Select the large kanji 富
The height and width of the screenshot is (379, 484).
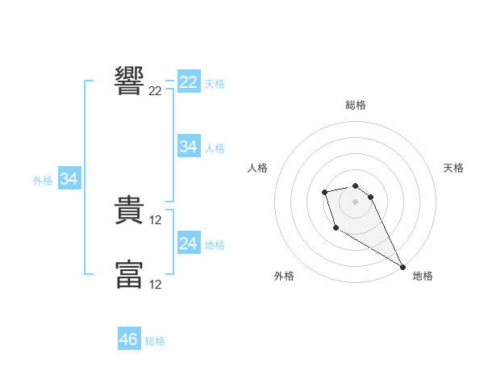129,274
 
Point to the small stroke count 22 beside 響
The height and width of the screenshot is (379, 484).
156,91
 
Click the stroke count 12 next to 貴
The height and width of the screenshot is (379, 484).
156,220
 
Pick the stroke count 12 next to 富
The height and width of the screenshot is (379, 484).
156,285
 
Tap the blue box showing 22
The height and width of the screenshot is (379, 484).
188,82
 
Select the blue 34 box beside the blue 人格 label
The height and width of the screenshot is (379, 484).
188,147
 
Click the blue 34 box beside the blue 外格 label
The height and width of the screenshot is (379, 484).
69,179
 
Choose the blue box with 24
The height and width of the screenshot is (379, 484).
188,244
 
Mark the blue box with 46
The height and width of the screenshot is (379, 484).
129,339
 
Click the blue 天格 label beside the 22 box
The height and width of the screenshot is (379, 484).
215,84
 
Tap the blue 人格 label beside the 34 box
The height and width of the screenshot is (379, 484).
215,148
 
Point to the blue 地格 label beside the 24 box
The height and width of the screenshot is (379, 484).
215,245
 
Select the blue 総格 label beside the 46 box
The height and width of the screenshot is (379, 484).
155,341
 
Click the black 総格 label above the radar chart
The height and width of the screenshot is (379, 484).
356,105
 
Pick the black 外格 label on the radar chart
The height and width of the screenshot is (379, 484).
283,276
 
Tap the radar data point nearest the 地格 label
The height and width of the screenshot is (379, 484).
403,266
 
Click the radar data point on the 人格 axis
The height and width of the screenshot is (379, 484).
324,192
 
